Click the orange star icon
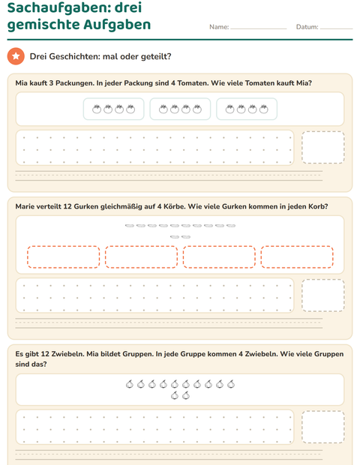16,56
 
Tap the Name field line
258,28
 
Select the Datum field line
336,28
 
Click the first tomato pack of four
113,109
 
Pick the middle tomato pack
180,109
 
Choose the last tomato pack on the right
247,109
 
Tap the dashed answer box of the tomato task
323,148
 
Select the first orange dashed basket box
64,256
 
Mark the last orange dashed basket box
297,256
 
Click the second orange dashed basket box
142,256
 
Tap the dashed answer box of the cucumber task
323,295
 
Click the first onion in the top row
130,384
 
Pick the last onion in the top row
231,384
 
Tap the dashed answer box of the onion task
323,427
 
